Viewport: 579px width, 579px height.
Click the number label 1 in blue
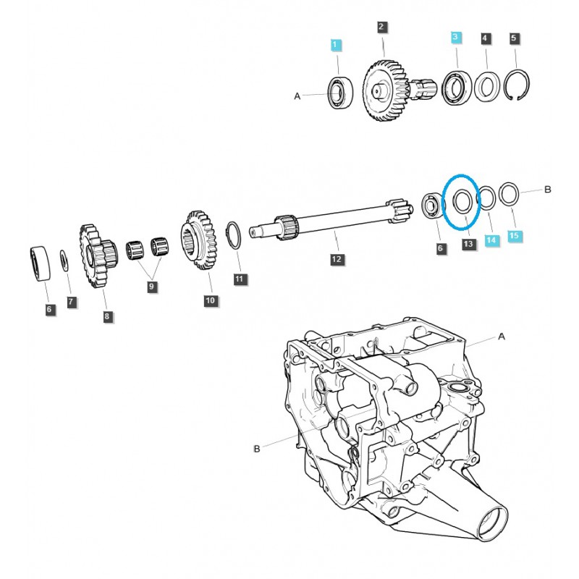[334, 45]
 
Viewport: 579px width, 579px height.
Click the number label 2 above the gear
[382, 28]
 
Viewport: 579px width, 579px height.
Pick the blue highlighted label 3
[455, 37]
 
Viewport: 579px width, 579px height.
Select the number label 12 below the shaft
[335, 258]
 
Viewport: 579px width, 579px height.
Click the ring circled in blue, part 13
[460, 200]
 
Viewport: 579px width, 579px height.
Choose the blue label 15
[514, 236]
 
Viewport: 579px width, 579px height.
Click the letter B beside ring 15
[548, 190]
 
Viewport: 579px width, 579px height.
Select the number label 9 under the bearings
[151, 287]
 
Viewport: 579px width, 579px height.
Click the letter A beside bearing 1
[297, 95]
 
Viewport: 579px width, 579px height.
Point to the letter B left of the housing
[256, 449]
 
